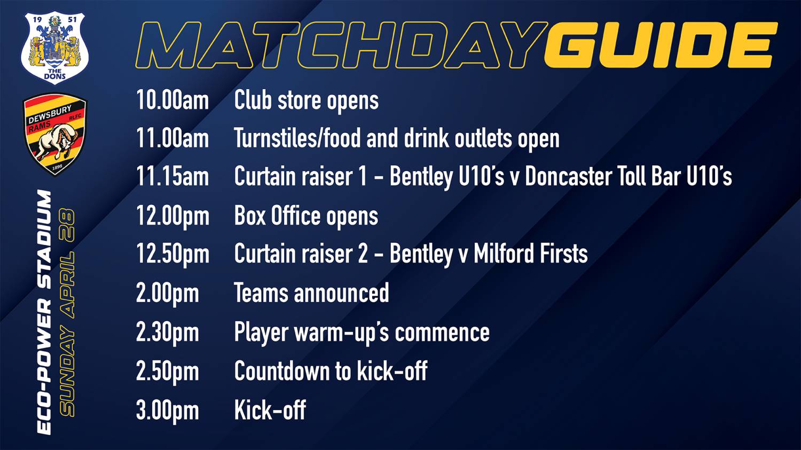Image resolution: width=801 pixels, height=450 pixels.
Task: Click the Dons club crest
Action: [x=54, y=48]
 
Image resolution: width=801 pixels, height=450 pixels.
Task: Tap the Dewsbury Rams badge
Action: [x=54, y=134]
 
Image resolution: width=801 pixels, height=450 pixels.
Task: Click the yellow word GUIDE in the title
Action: [x=661, y=45]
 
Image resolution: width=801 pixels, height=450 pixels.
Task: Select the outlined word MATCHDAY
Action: [x=342, y=45]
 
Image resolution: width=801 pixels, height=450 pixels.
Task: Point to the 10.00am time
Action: [x=172, y=100]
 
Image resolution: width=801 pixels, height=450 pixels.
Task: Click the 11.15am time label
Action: [x=172, y=177]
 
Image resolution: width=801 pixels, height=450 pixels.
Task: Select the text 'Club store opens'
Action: [x=307, y=101]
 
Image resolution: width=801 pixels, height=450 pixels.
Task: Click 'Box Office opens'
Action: [x=306, y=217]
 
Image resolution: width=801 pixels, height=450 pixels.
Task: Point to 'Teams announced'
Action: [x=311, y=293]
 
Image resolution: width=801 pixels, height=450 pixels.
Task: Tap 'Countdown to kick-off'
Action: [x=331, y=370]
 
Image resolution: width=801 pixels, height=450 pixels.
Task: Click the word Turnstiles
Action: [x=276, y=138]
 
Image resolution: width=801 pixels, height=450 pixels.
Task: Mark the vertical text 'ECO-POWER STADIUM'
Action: [x=44, y=312]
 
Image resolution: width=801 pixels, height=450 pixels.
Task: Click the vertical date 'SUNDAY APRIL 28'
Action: [x=67, y=312]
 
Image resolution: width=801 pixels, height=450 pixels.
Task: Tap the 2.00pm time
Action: [x=167, y=294]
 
